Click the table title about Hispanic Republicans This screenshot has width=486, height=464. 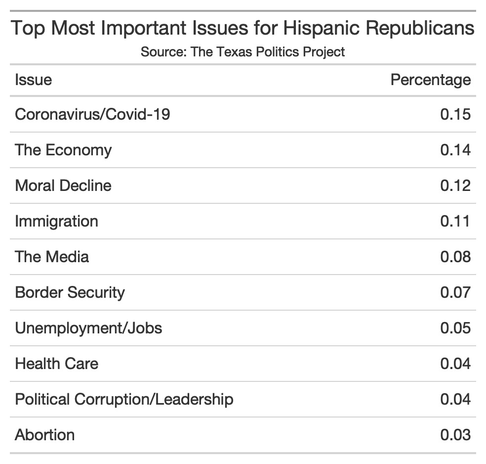click(x=243, y=28)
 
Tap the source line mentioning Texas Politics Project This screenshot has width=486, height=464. click(x=243, y=51)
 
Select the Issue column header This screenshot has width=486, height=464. click(x=33, y=80)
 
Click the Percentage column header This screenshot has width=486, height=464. click(x=430, y=80)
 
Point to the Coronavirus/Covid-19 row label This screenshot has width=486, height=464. click(x=92, y=114)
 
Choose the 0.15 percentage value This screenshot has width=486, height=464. click(x=455, y=114)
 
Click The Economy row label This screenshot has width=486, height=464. click(x=63, y=150)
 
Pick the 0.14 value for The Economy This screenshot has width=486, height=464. click(x=455, y=150)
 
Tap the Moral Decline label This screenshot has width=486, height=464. click(x=63, y=186)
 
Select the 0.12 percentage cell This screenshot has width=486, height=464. click(x=455, y=186)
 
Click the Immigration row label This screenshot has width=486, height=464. click(x=56, y=221)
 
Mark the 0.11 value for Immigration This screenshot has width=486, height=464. click(x=455, y=221)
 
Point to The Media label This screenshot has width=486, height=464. click(x=52, y=257)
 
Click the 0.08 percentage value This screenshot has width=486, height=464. click(x=455, y=257)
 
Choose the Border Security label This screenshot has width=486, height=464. click(x=70, y=292)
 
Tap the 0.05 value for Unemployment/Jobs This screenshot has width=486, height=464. click(x=455, y=328)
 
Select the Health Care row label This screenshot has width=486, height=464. click(x=56, y=364)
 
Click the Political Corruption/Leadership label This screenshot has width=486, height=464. click(x=124, y=399)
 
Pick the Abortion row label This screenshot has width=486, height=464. click(x=45, y=435)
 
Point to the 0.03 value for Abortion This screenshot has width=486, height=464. click(x=455, y=435)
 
